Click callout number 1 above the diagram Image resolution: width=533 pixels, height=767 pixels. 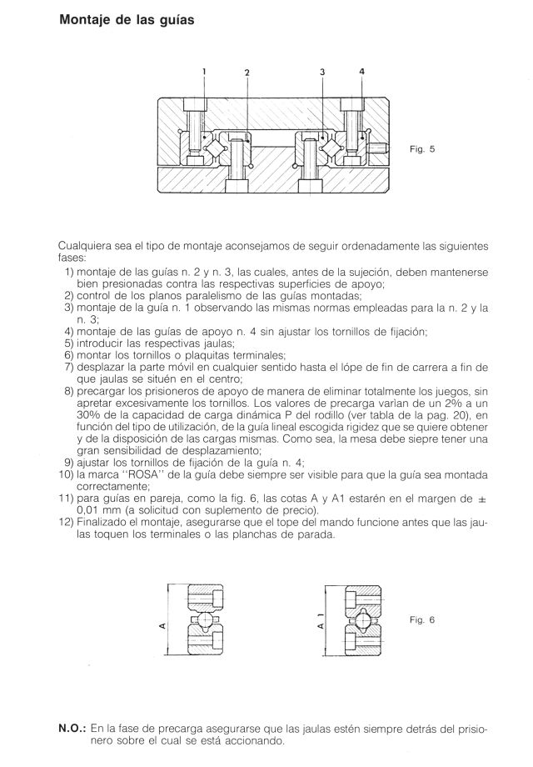point(204,71)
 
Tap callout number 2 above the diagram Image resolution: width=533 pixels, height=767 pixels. point(247,72)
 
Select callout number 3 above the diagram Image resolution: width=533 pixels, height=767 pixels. point(322,72)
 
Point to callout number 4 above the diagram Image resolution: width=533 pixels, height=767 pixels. point(362,71)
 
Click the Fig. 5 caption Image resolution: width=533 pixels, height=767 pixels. point(422,148)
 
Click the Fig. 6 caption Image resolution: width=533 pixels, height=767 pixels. point(422,619)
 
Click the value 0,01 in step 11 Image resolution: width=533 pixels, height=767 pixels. point(88,511)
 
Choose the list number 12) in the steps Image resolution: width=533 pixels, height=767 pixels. point(66,523)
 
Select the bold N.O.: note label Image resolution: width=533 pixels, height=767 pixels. point(72,729)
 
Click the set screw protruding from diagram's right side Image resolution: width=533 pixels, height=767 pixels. point(379,148)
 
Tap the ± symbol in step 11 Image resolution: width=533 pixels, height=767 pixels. point(482,499)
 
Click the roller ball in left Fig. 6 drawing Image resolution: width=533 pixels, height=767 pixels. point(205,620)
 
